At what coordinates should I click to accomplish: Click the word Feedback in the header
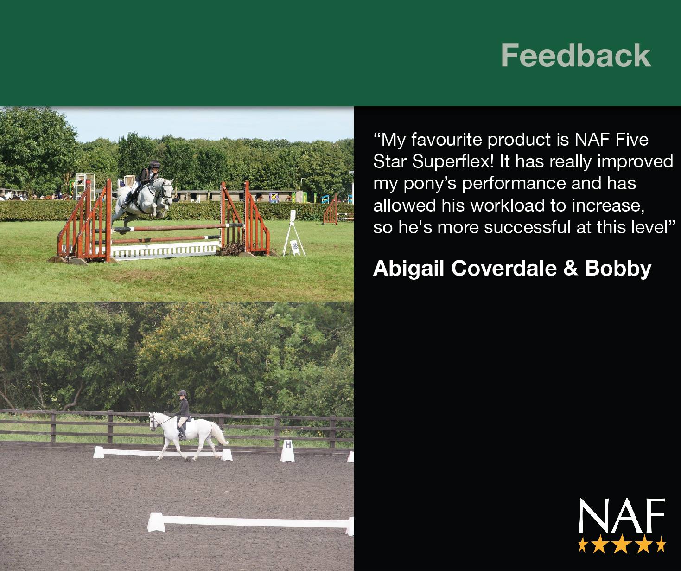[576, 56]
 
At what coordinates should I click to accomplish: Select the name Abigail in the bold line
[409, 269]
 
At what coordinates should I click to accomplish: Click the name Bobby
[618, 269]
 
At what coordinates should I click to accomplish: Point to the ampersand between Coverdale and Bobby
[570, 268]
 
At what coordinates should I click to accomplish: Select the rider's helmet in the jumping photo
[154, 164]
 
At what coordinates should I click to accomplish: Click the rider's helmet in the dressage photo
[182, 393]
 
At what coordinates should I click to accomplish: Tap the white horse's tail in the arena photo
[219, 434]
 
